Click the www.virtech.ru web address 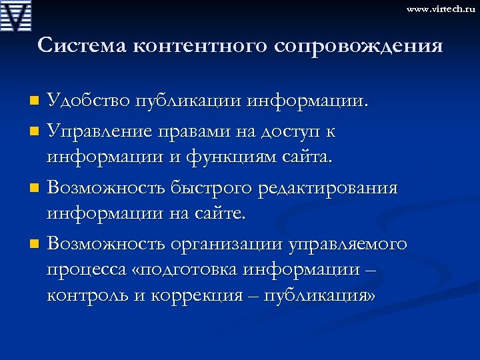pos(440,9)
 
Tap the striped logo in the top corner pos(17,16)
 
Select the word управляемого pos(347,244)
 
